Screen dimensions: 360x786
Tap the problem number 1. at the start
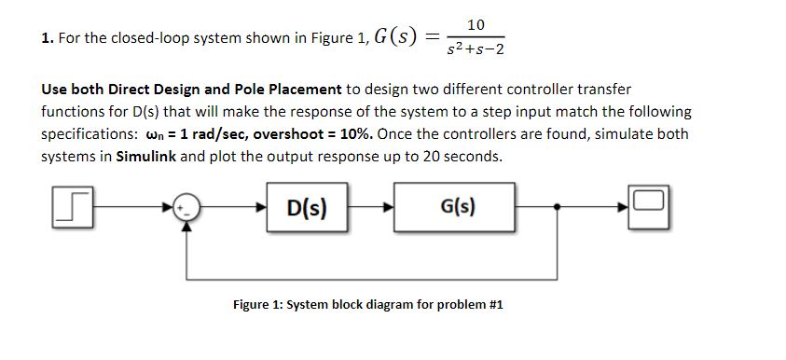46,38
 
